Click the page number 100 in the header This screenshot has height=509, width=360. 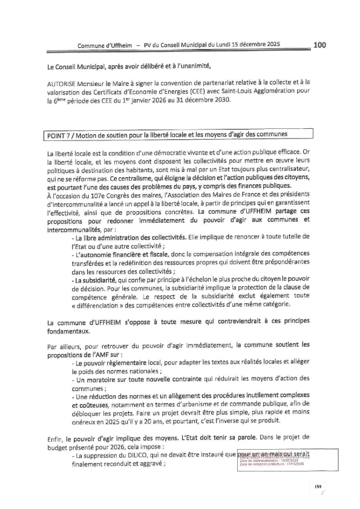[x=320, y=44]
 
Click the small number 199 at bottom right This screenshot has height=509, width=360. [x=318, y=486]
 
